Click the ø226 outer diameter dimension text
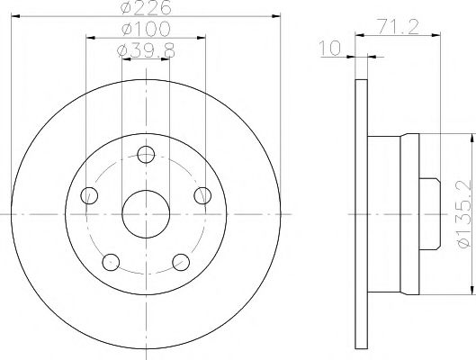pyautogui.click(x=146, y=11)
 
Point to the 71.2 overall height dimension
pyautogui.click(x=396, y=28)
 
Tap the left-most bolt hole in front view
pyautogui.click(x=88, y=194)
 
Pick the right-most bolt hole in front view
pyautogui.click(x=203, y=194)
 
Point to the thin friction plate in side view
pyautogui.click(x=362, y=213)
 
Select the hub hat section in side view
pyautogui.click(x=396, y=213)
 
